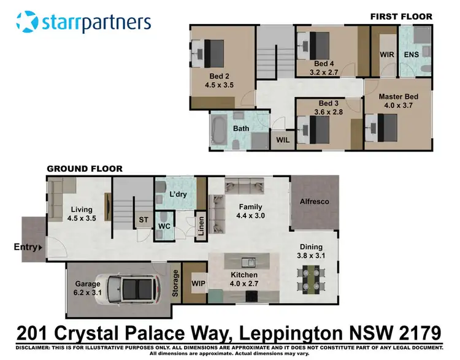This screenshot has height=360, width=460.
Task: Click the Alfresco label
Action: (314, 201)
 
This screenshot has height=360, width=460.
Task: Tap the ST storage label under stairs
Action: (144, 220)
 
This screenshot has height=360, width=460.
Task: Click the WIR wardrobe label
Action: (387, 55)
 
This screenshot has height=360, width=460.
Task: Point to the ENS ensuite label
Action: (412, 55)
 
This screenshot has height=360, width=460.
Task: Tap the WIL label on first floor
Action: (283, 140)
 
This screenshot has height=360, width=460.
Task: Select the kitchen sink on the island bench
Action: (248, 262)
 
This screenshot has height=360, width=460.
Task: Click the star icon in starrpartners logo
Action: (28, 22)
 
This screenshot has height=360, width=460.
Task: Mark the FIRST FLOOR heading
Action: (401, 17)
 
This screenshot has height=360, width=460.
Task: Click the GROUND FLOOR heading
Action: (85, 169)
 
